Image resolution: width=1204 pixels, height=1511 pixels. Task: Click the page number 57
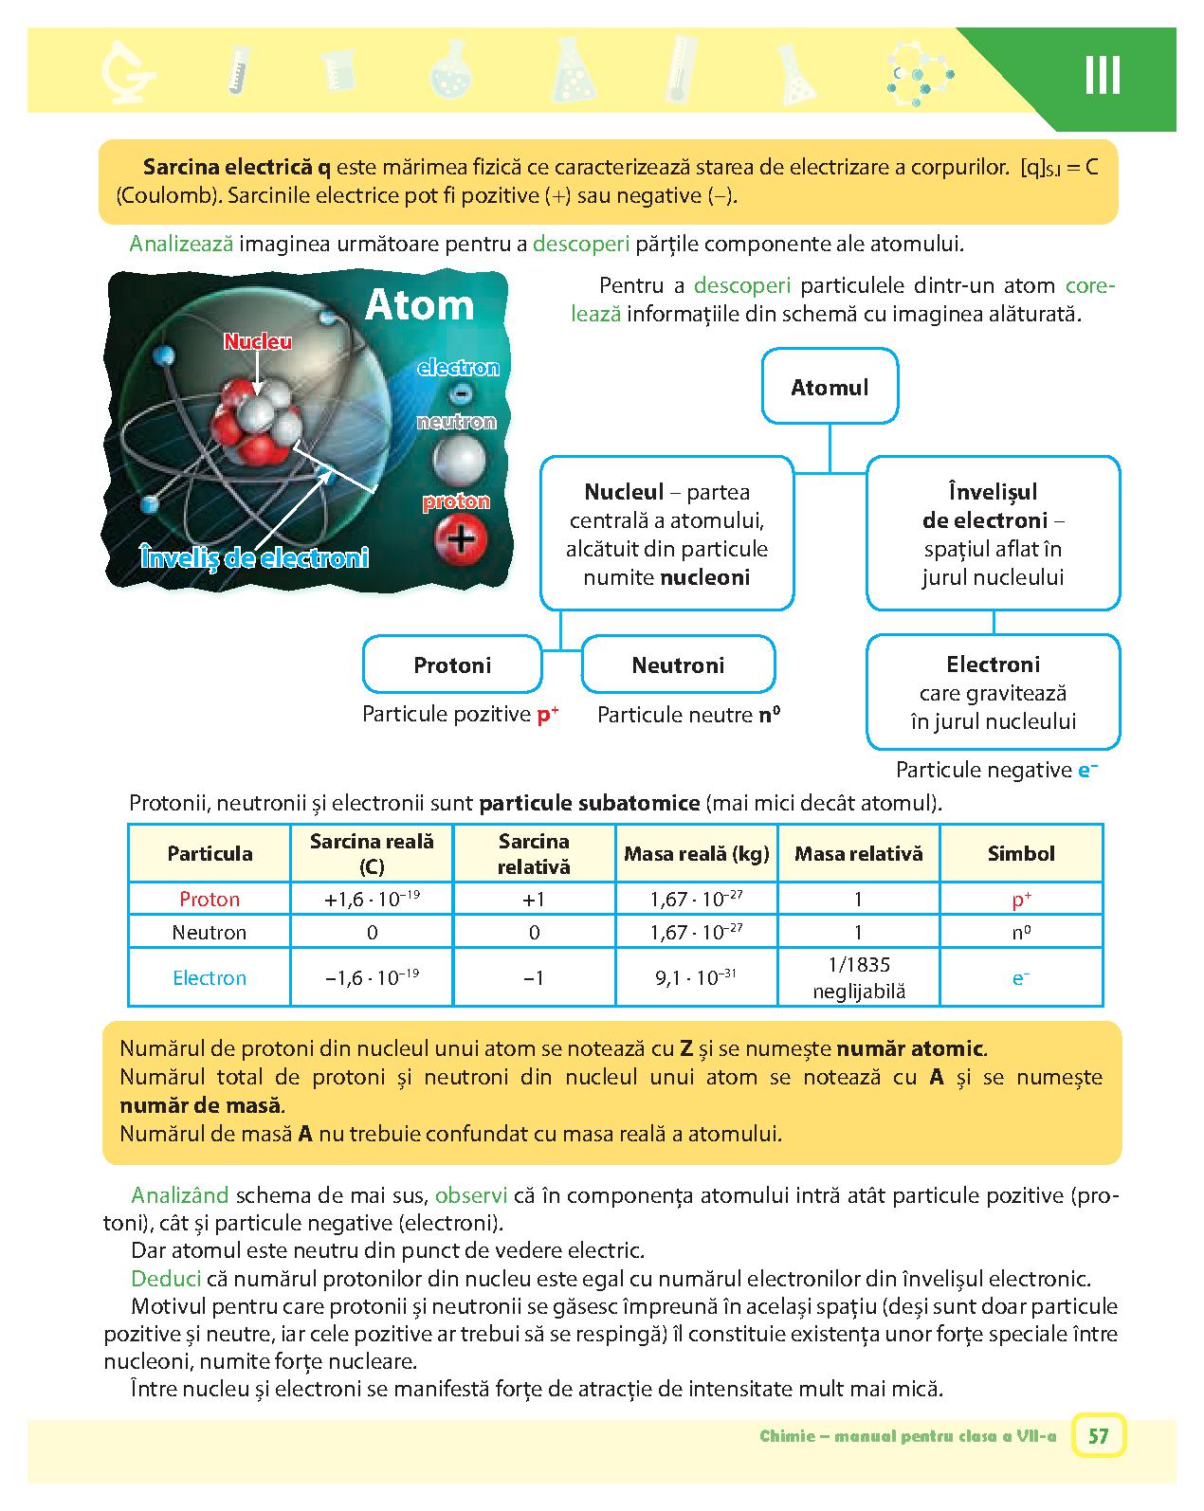click(1098, 1435)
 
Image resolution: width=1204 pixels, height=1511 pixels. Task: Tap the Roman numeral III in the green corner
click(1102, 76)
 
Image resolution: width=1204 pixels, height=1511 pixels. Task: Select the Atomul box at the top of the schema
click(830, 387)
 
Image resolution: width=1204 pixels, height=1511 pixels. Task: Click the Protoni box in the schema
click(452, 664)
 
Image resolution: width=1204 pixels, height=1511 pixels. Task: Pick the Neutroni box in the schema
click(678, 664)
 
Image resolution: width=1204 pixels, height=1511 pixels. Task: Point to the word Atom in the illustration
click(419, 305)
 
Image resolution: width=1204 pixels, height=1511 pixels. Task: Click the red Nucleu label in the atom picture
click(257, 342)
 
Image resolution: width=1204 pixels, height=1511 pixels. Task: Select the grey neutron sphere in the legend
click(459, 461)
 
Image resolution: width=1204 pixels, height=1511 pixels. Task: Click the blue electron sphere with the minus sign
click(461, 392)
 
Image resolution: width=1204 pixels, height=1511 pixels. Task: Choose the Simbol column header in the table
click(1021, 853)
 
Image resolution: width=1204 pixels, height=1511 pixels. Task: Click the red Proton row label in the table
click(210, 899)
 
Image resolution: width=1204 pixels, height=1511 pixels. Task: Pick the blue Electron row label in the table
click(210, 977)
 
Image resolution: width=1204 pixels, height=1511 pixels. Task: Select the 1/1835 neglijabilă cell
click(859, 977)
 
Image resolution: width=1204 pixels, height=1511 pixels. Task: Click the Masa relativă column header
click(859, 853)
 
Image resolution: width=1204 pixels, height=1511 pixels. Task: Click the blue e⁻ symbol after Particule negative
click(1087, 770)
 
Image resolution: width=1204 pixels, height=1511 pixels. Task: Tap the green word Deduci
click(166, 1278)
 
